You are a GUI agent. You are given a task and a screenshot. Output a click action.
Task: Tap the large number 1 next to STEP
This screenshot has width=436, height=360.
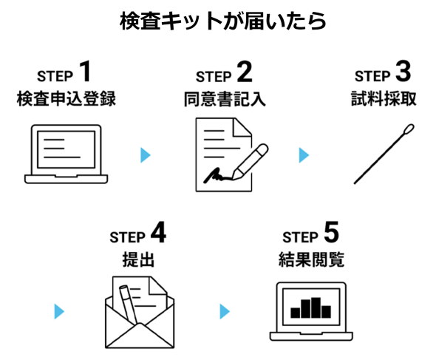pos(86,72)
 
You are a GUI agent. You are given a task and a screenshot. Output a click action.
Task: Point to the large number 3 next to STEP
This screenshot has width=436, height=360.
pos(403,72)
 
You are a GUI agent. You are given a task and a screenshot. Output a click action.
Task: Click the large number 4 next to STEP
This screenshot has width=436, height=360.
pos(158,234)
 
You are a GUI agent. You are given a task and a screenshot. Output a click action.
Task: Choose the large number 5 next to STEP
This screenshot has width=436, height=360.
pos(331,234)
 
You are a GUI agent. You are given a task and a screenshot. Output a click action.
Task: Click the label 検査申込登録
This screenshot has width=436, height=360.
pos(66,99)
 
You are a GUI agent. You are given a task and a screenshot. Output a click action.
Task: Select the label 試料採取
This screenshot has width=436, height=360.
pos(383,99)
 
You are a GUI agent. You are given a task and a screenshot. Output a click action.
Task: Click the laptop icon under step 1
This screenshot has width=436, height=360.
pos(66,154)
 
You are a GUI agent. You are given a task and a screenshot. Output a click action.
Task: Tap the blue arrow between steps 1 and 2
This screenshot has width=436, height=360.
pos(146,155)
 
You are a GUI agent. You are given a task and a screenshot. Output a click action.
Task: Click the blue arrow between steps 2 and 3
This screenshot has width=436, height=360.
pos(304,155)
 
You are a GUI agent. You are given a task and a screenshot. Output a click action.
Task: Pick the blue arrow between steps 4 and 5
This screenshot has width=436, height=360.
pos(225,311)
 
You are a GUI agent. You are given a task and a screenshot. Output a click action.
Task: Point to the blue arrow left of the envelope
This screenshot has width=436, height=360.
pos(60,311)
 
